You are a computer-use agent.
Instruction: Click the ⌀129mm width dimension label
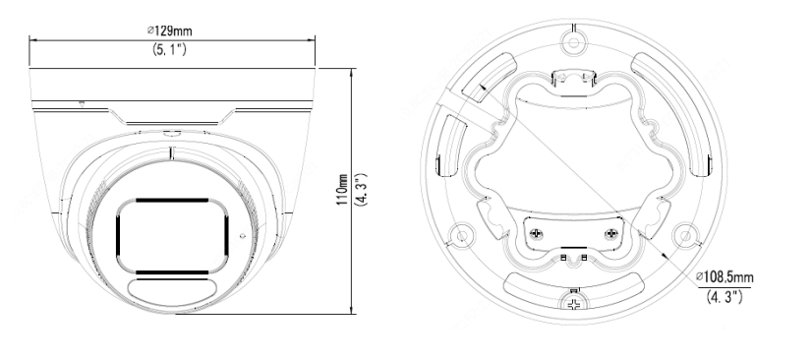tap(170, 30)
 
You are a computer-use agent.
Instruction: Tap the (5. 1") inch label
tap(169, 49)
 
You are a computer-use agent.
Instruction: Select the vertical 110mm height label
tap(342, 189)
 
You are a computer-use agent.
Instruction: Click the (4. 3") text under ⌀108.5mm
tap(725, 297)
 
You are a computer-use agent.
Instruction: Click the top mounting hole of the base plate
tap(573, 41)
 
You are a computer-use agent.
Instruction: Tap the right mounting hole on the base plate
tap(684, 236)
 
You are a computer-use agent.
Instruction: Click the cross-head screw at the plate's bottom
tap(573, 304)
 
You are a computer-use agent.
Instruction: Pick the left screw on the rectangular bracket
tap(536, 235)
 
